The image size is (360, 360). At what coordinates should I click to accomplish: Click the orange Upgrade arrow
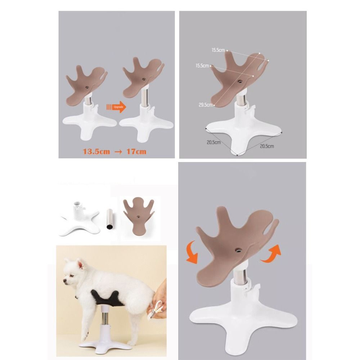pyautogui.click(x=117, y=107)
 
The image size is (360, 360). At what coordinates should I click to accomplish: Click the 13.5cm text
pyautogui.click(x=96, y=152)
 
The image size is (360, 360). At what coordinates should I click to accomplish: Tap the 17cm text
pyautogui.click(x=136, y=152)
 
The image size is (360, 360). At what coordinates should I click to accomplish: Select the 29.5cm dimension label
pyautogui.click(x=206, y=105)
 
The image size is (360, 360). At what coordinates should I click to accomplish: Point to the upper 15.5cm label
pyautogui.click(x=218, y=50)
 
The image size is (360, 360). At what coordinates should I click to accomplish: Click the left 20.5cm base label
pyautogui.click(x=214, y=142)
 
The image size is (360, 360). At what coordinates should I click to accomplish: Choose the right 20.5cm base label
pyautogui.click(x=267, y=146)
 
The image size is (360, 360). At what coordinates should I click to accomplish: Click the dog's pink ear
pyautogui.click(x=80, y=265)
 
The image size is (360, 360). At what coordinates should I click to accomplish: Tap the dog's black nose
pyautogui.click(x=64, y=280)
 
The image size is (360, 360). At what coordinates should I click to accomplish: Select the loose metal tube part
pyautogui.click(x=110, y=219)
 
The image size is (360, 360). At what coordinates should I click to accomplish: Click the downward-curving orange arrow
pyautogui.click(x=192, y=252)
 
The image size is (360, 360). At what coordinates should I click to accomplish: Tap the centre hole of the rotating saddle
pyautogui.click(x=238, y=250)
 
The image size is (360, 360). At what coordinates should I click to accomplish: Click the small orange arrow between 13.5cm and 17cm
pyautogui.click(x=118, y=152)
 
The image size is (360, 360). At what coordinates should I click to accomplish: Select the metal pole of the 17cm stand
pyautogui.click(x=145, y=98)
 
